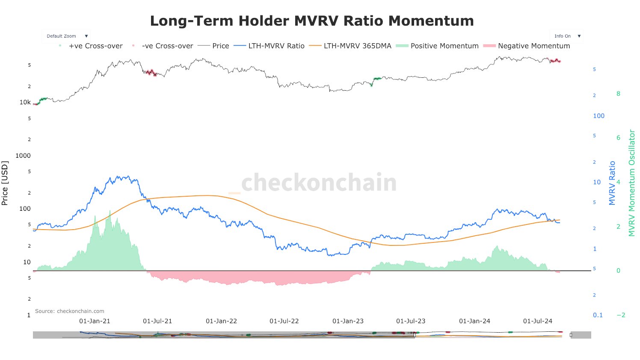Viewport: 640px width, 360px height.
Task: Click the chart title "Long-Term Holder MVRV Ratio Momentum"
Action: tap(312, 21)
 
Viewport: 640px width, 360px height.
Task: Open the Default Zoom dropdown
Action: tap(67, 36)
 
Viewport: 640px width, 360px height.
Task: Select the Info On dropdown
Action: tap(566, 36)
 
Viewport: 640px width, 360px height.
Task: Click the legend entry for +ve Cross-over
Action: tap(95, 46)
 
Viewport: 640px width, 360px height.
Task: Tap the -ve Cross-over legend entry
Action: tap(167, 46)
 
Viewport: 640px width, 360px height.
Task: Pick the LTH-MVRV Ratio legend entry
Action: tap(276, 46)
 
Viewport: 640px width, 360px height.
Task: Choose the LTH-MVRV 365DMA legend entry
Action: tap(357, 46)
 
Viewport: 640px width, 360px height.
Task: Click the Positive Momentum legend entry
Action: tap(444, 46)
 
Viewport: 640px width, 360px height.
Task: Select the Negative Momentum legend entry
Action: tap(533, 46)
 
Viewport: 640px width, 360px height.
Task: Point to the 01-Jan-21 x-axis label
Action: tap(95, 321)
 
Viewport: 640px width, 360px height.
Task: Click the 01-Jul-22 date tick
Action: tap(284, 321)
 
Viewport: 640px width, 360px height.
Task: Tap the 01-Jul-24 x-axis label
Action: tap(538, 321)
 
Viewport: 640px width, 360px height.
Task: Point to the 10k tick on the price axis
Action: tap(25, 103)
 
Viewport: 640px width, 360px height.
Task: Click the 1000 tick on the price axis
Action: tap(23, 156)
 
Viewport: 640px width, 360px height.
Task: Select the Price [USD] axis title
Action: tap(5, 183)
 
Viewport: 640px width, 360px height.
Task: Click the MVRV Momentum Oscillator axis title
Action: tap(632, 183)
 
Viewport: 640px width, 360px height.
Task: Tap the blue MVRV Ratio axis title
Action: tap(612, 183)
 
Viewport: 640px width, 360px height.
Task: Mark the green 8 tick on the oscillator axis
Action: tap(618, 94)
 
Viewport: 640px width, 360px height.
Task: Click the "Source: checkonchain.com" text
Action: tap(70, 311)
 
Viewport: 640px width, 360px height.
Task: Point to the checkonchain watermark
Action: tap(319, 183)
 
